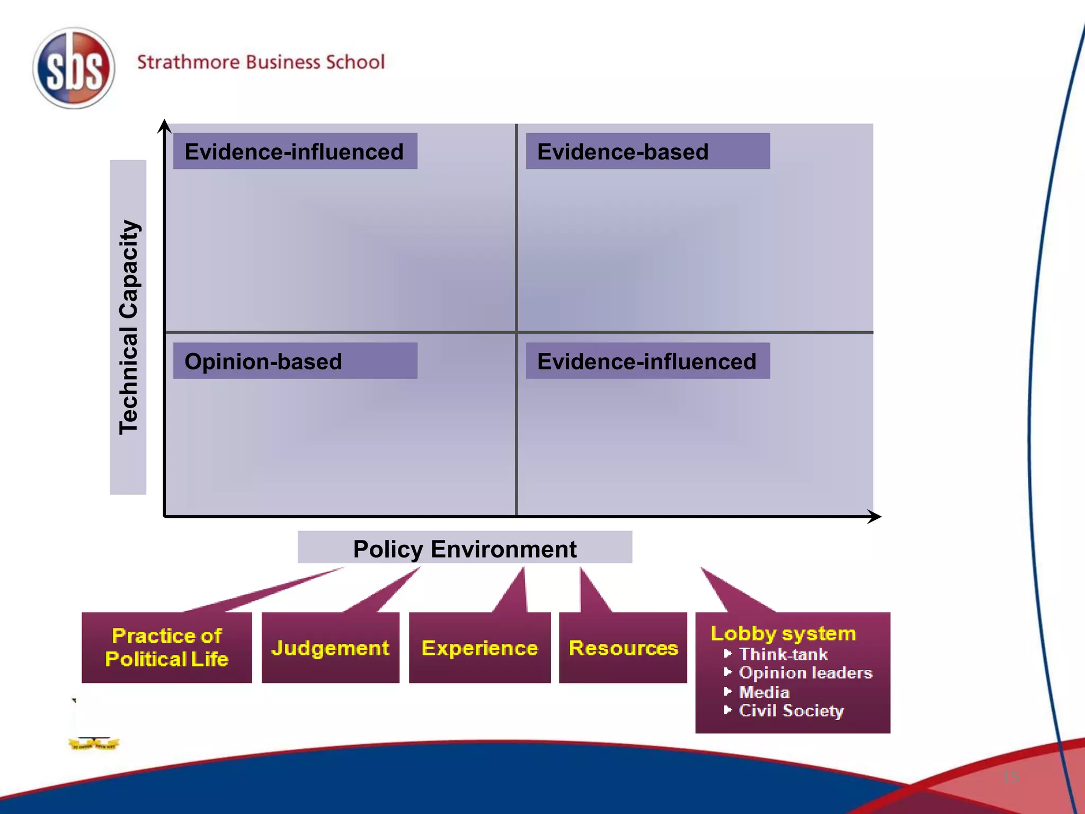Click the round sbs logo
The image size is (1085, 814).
74,68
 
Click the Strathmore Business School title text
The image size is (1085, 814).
261,62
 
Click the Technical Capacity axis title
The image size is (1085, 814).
128,327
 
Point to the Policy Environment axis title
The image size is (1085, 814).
465,548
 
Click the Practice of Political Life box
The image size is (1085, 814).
166,648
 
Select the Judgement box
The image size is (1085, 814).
330,648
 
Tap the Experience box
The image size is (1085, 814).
479,648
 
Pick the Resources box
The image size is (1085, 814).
623,648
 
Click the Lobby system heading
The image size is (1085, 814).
783,633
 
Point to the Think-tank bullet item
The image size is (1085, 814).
783,654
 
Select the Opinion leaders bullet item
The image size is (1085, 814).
805,673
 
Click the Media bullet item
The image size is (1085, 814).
764,692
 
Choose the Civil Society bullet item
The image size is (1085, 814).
791,711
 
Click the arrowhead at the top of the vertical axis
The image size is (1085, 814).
164,126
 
